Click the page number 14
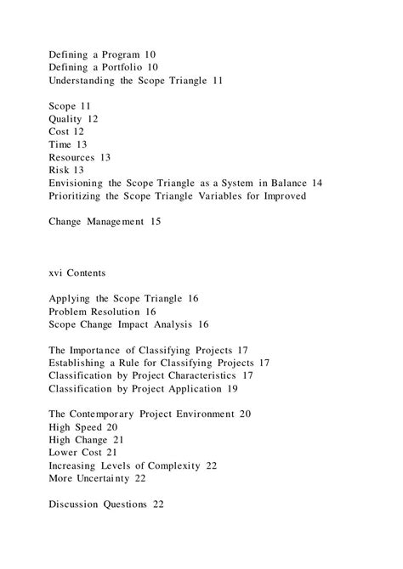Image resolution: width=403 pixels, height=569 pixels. [x=315, y=183]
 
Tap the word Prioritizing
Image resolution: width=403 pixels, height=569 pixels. [x=82, y=195]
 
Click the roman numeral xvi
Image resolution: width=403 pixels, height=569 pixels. [x=58, y=273]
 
